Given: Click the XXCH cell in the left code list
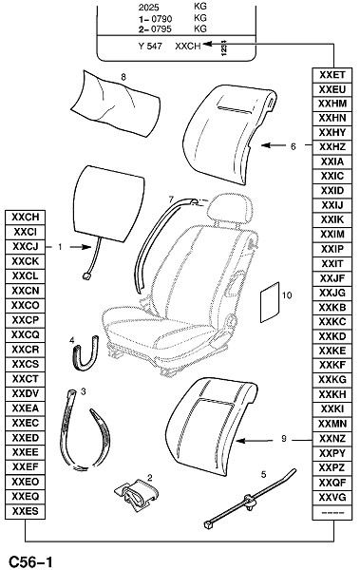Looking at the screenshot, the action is coord(25,218).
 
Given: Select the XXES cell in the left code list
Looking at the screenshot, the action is coord(25,511).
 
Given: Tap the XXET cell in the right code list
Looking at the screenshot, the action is coord(332,75).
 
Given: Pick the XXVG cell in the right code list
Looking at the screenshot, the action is coord(332,497).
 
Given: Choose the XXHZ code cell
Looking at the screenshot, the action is coord(332,147).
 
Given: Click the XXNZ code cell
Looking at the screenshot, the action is coord(332,438).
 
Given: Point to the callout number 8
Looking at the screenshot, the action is coord(123,77).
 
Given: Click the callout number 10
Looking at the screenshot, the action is coord(287,295).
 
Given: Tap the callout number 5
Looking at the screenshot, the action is coord(264,474).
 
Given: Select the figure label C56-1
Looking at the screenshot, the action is coord(30,562).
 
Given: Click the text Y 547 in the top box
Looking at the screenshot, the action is coord(150,47).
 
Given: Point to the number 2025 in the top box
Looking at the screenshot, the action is coord(149,7).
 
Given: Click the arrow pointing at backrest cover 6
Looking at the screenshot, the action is coord(274,145).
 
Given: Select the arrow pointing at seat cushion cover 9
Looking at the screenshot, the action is coord(255,441).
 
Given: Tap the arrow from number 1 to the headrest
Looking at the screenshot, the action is coord(80,247).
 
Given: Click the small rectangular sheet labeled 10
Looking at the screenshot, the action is coord(270,302).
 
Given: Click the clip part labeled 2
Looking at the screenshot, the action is coord(137,493).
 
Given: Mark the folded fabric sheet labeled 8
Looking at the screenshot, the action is coord(115,104).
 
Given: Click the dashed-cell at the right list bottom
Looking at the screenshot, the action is coord(332,512).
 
